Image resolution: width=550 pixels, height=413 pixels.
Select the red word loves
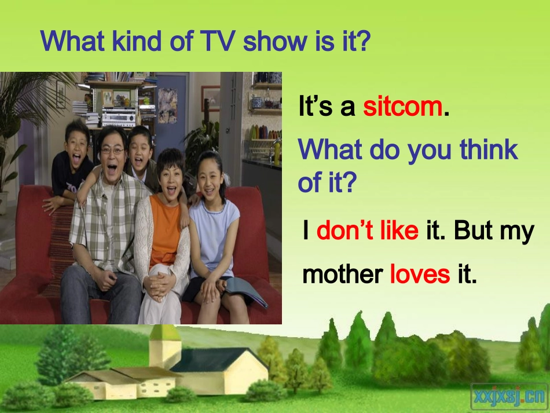click(x=420, y=273)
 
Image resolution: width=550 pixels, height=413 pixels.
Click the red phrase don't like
click(x=367, y=231)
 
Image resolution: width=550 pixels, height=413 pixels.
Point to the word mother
click(x=343, y=273)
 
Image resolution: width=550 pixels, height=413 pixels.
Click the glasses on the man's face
click(x=113, y=150)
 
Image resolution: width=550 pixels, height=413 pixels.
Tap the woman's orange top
click(x=165, y=223)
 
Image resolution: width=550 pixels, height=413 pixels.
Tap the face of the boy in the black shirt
click(x=77, y=140)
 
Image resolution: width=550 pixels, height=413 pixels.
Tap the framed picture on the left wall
click(x=61, y=94)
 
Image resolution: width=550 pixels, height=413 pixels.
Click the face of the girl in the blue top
click(x=211, y=171)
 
